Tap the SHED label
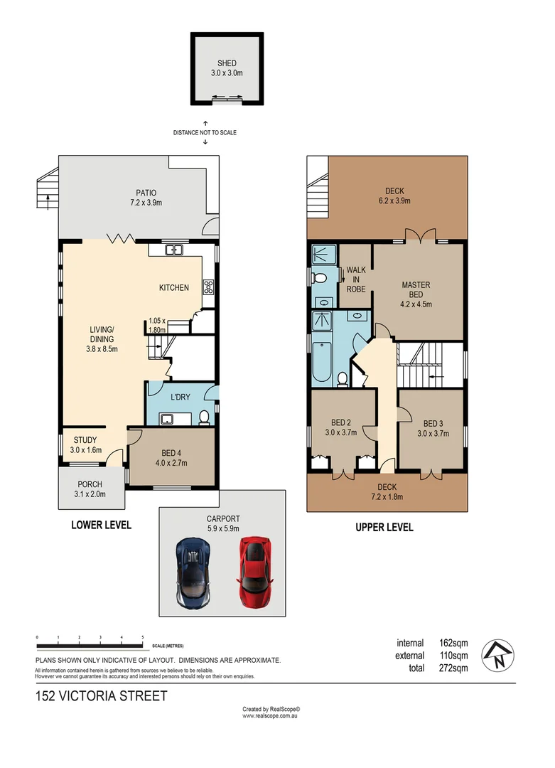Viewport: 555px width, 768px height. click(227, 64)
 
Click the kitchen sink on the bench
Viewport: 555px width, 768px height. click(173, 250)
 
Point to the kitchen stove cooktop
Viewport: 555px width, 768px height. click(208, 288)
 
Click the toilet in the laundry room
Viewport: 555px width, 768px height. click(205, 417)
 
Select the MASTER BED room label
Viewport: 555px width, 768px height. click(416, 289)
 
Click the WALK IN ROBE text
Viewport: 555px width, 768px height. click(355, 279)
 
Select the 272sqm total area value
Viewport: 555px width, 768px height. click(453, 668)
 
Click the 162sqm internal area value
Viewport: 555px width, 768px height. click(453, 643)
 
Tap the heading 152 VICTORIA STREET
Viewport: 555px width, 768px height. click(101, 695)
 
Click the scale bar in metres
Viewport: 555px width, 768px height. click(90, 645)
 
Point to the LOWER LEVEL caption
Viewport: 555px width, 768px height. click(101, 526)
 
